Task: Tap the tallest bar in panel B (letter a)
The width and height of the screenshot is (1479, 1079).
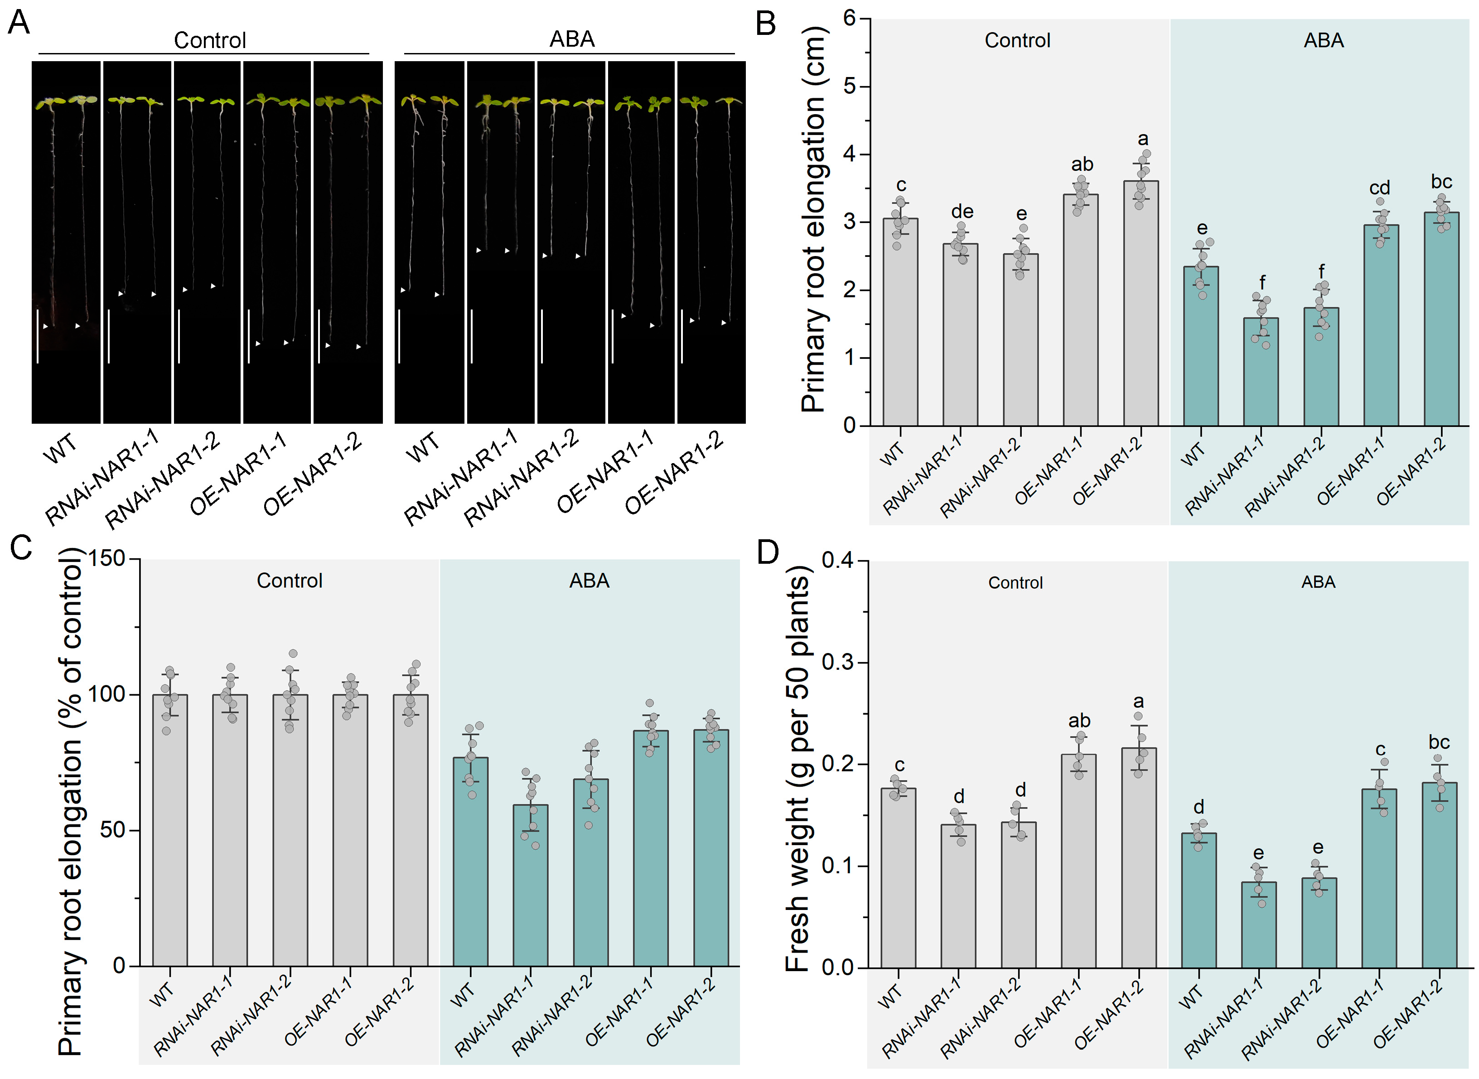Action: click(1141, 303)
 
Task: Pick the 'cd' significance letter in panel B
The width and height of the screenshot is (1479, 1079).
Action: click(1380, 188)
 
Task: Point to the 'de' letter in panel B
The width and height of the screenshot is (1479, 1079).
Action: click(962, 212)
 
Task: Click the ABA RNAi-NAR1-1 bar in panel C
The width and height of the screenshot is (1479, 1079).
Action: click(530, 885)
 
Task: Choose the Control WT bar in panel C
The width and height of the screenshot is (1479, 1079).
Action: click(170, 830)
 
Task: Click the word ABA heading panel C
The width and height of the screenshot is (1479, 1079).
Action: click(589, 581)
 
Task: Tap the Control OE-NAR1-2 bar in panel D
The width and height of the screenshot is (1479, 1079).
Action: click(1139, 857)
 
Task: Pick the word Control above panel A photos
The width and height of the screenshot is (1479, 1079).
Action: click(210, 40)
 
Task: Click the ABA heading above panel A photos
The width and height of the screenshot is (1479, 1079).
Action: click(572, 39)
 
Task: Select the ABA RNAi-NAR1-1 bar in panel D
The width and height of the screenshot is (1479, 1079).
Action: click(1259, 925)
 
